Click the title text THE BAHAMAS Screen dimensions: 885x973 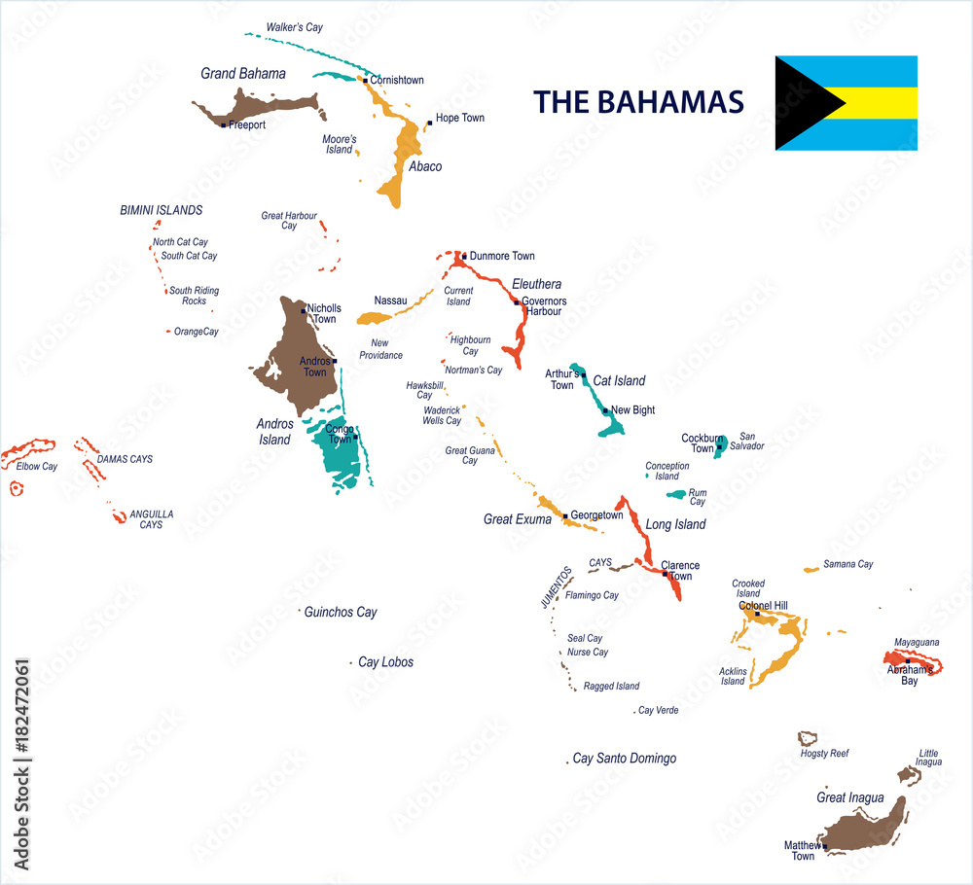pyautogui.click(x=638, y=102)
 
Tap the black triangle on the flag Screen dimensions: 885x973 pyautogui.click(x=798, y=103)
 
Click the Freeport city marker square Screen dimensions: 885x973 pyautogui.click(x=224, y=124)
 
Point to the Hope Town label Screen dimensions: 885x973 pyautogui.click(x=460, y=118)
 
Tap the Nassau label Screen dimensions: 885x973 pyautogui.click(x=390, y=301)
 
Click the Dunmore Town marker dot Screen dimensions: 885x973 pyautogui.click(x=464, y=257)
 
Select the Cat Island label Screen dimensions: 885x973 pyautogui.click(x=619, y=381)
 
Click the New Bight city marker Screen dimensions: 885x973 pyautogui.click(x=605, y=410)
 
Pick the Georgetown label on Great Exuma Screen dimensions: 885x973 pyautogui.click(x=596, y=515)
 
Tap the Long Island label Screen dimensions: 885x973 pyautogui.click(x=675, y=525)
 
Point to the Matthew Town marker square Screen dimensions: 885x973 pyautogui.click(x=824, y=846)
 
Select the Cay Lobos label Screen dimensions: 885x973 pyautogui.click(x=385, y=662)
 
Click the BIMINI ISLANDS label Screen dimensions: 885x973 pyautogui.click(x=161, y=210)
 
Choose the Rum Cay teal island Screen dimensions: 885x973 pyautogui.click(x=676, y=494)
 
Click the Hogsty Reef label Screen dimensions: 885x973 pyautogui.click(x=824, y=754)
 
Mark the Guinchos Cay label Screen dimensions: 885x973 pyautogui.click(x=341, y=613)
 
